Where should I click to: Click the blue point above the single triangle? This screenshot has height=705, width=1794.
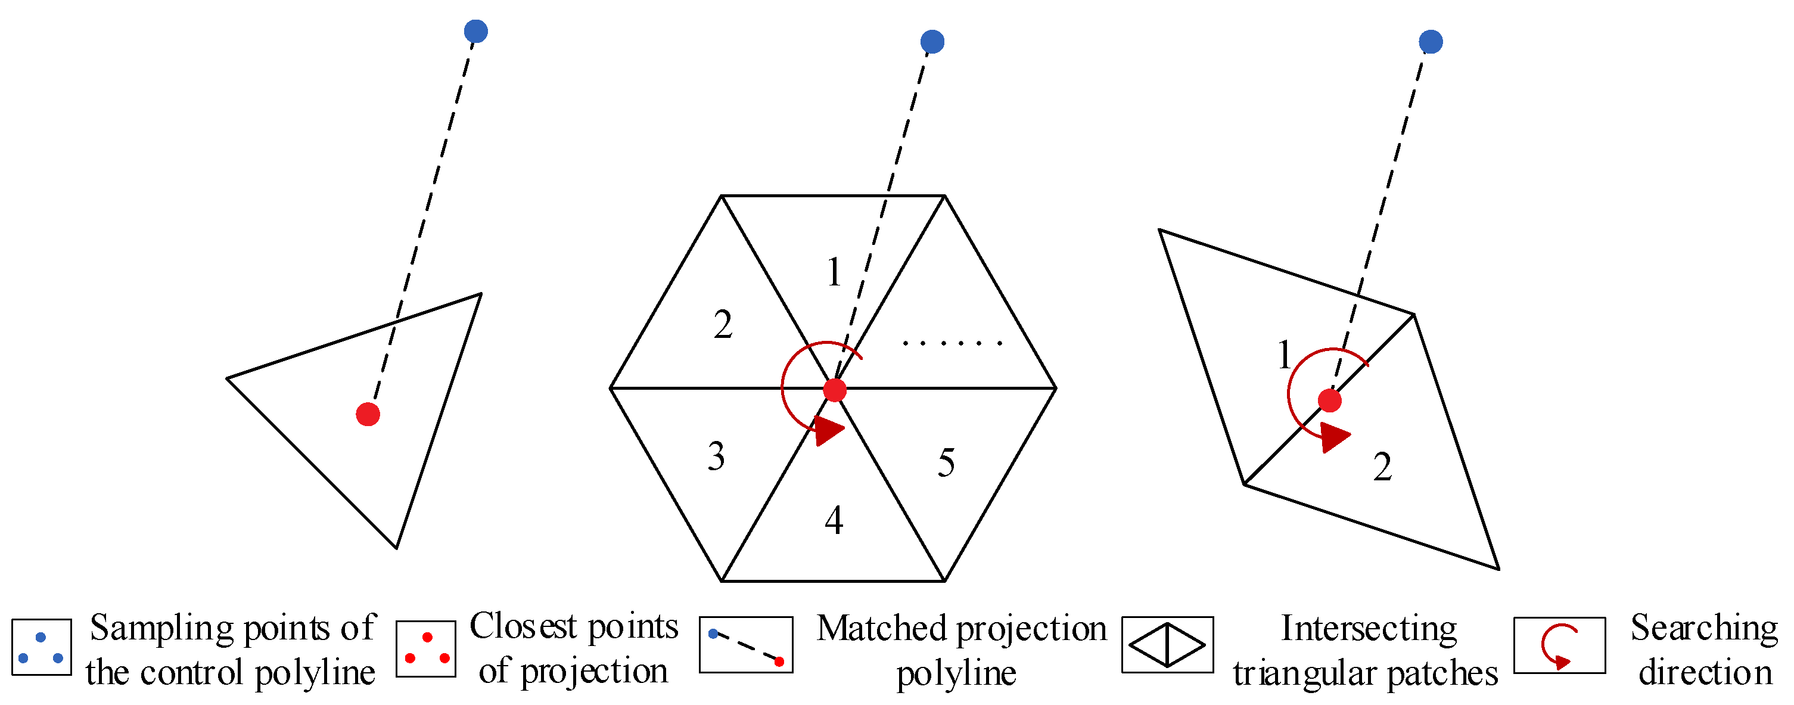coord(475,32)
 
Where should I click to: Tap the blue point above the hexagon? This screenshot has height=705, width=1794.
coord(932,42)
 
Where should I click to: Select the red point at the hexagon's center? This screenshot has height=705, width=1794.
coord(834,390)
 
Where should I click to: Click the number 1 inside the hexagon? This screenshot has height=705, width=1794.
coord(834,272)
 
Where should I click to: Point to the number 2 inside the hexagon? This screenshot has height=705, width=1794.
coord(723,325)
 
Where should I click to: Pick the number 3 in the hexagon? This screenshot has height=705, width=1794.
coord(716,457)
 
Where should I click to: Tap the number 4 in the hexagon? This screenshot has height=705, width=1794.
coord(834,520)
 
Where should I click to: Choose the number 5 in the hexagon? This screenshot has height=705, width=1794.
coord(946,463)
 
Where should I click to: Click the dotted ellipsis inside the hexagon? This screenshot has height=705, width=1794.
coord(952,343)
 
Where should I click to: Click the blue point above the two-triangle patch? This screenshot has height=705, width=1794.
coord(1431,42)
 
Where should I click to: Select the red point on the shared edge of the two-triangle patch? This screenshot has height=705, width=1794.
coord(1329,400)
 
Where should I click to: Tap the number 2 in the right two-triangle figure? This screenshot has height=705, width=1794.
coord(1382,467)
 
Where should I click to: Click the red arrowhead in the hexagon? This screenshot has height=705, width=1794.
coord(828,430)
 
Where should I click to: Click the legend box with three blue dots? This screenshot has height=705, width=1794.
coord(41,647)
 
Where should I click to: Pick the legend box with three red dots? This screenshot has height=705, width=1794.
coord(426,648)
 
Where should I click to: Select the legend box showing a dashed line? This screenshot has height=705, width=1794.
coord(746,645)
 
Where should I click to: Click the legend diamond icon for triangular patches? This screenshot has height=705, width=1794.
coord(1167,645)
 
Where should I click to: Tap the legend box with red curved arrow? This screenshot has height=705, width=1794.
coord(1559,645)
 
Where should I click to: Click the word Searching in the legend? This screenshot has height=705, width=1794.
coord(1703,628)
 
